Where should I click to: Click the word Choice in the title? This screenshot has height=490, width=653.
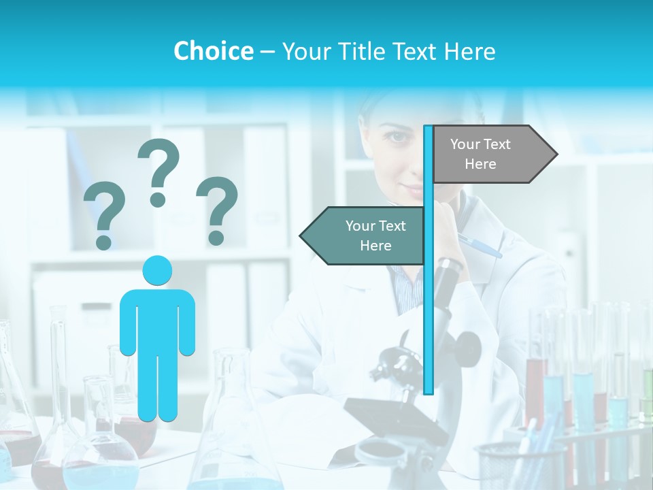point(213,51)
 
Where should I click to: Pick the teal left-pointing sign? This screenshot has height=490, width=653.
point(364,235)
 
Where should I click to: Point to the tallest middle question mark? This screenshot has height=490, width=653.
point(158,170)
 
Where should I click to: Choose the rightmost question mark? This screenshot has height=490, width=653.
point(217,210)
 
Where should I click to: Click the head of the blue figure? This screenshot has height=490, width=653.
point(157,271)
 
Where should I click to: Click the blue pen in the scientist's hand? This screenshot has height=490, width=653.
point(480,246)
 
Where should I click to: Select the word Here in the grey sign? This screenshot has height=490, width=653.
point(480,164)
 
